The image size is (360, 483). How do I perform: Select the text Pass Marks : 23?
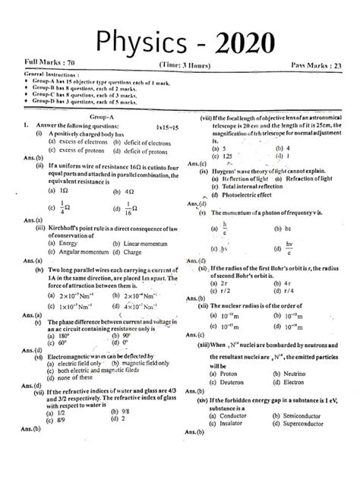tap(318, 68)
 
